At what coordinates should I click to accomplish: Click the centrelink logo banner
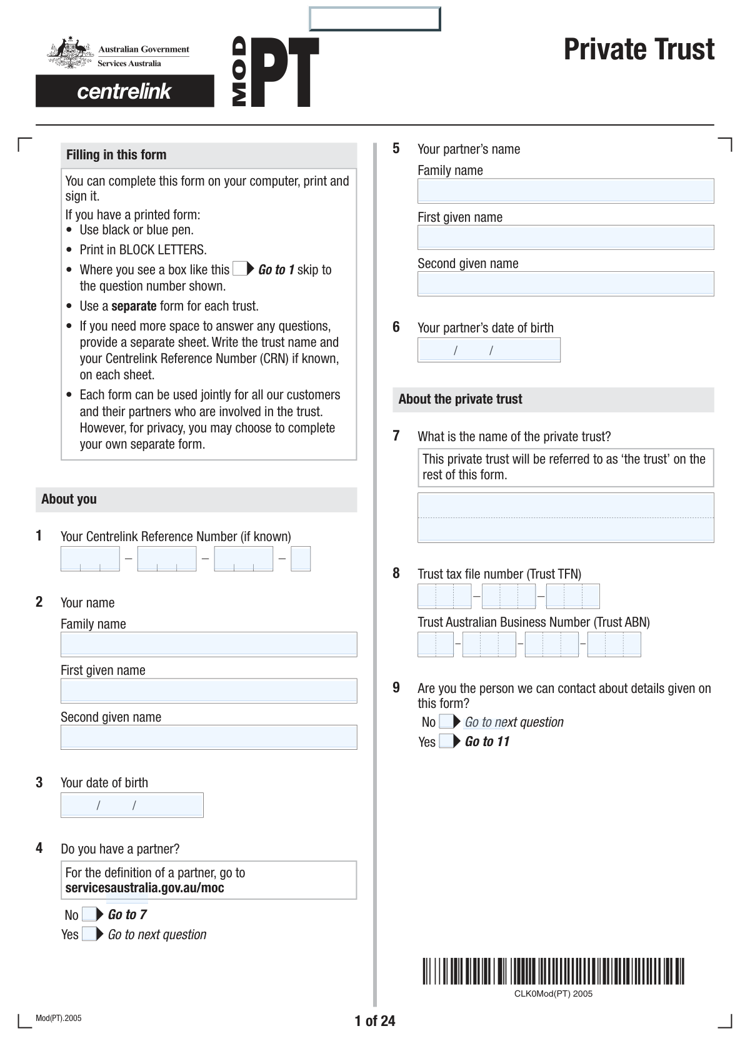[124, 91]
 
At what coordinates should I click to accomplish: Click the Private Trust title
[639, 49]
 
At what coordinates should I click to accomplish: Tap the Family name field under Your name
[209, 644]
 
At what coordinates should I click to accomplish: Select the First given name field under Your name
[209, 690]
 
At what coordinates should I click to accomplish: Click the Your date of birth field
[132, 805]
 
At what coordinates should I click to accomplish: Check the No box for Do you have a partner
[89, 915]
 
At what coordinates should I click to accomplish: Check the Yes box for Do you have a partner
[89, 934]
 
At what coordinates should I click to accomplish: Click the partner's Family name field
[566, 191]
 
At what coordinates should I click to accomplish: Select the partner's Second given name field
[566, 284]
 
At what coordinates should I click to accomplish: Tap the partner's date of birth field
[489, 350]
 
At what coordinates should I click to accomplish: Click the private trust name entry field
[566, 517]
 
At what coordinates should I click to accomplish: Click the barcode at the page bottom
[553, 971]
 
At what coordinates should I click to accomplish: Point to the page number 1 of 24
[375, 1021]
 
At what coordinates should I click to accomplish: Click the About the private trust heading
[460, 399]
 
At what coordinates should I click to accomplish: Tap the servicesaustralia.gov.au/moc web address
[144, 888]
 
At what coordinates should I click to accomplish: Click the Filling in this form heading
[116, 155]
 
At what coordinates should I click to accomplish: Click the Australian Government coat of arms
[68, 54]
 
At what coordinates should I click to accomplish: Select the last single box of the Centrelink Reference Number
[301, 559]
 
